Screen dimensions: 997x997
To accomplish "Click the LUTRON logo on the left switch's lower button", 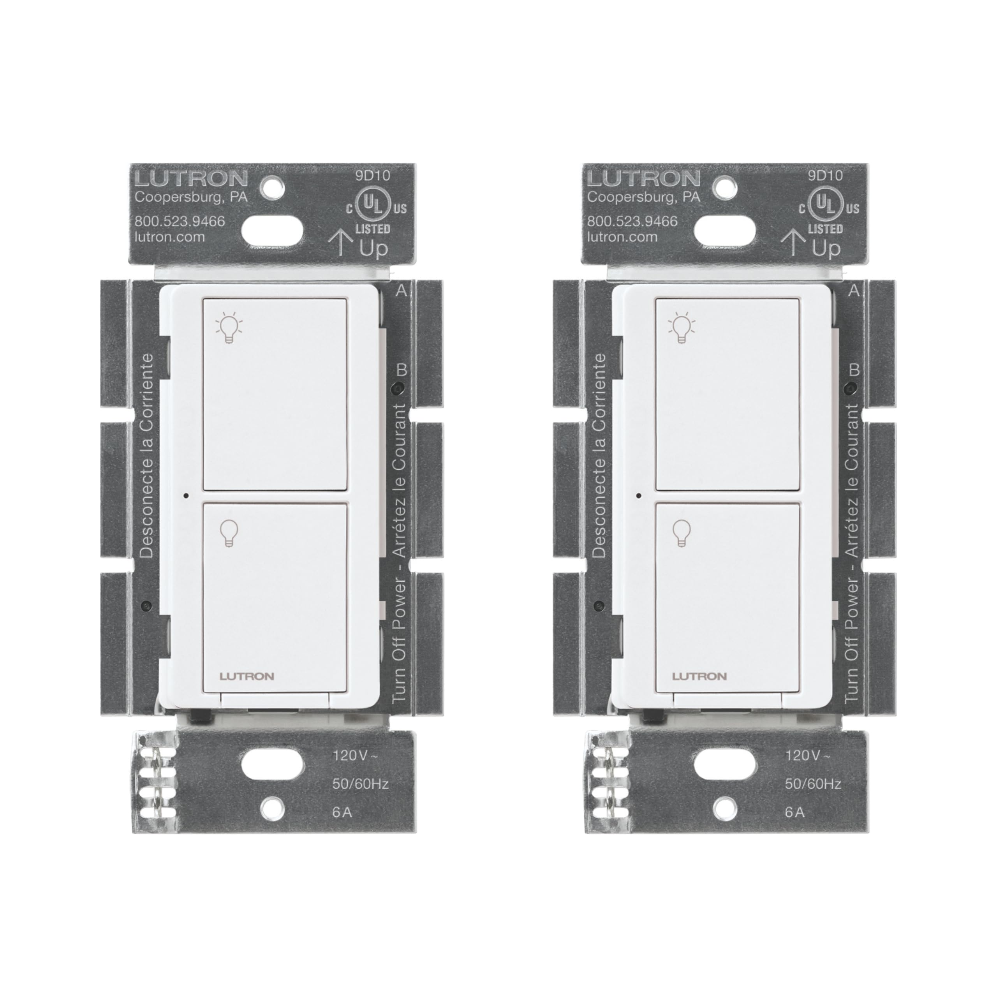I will tap(247, 676).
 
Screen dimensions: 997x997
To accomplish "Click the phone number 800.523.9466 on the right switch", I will tap(632, 221).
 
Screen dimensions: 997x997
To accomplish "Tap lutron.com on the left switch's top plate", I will tap(169, 238).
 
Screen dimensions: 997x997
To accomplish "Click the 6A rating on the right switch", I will tap(795, 813).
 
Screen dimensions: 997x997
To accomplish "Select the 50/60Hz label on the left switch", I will tap(360, 784).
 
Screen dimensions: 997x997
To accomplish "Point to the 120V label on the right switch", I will tap(808, 756).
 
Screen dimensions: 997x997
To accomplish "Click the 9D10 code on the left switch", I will tap(373, 176).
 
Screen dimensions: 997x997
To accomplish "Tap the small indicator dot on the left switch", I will tap(186, 495).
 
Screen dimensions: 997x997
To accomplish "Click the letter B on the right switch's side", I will tap(854, 370).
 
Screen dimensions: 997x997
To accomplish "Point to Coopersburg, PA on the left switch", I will tap(191, 197).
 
